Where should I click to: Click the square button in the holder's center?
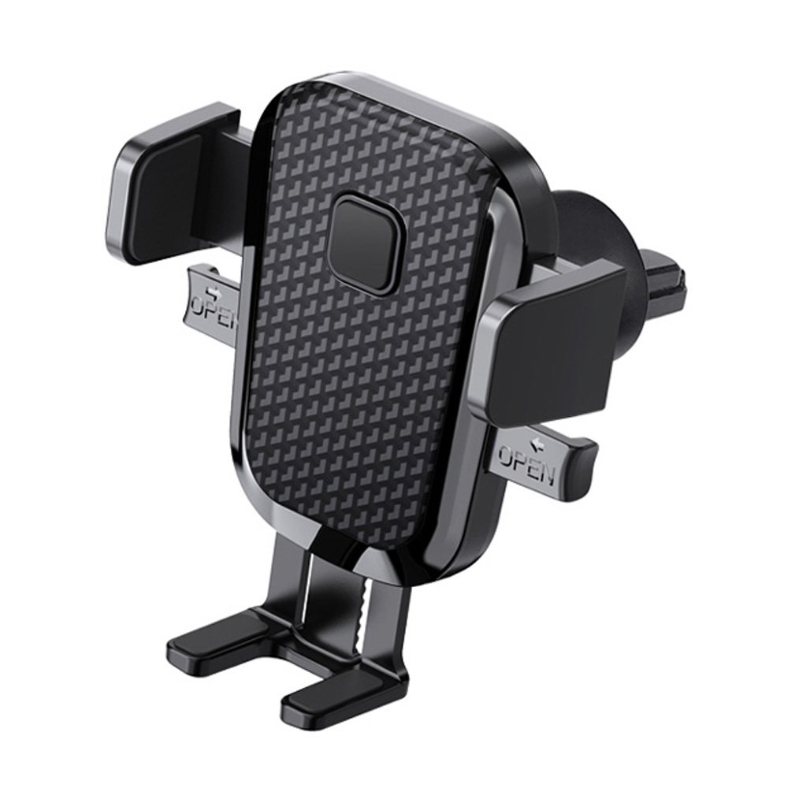(x=366, y=245)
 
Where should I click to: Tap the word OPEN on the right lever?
(x=526, y=463)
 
